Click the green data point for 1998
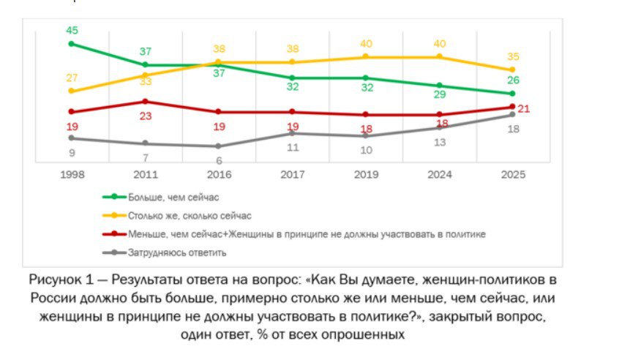72,44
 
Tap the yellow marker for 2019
366,56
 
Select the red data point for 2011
145,101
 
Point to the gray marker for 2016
219,146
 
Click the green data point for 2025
513,94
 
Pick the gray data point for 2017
292,133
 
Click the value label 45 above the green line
72,30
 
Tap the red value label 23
145,116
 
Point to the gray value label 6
219,160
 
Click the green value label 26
514,80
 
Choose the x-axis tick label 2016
219,174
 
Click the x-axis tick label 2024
439,174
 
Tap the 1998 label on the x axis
72,174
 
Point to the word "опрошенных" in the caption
363,334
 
